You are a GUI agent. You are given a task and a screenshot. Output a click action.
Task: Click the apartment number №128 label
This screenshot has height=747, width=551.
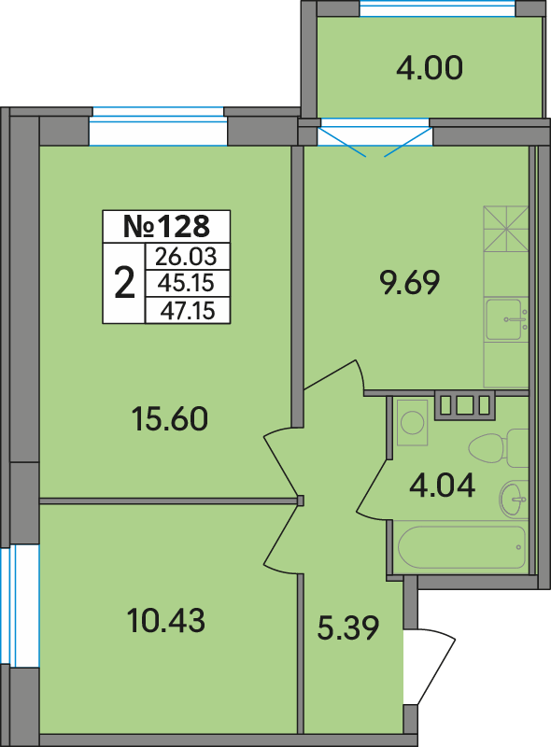[x=166, y=226]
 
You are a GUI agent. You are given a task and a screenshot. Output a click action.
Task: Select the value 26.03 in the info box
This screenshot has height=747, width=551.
[x=187, y=257]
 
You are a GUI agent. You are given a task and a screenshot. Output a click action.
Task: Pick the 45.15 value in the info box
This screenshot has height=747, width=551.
[x=187, y=284]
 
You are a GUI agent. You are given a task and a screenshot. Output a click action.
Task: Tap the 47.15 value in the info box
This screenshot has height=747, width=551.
[x=188, y=311]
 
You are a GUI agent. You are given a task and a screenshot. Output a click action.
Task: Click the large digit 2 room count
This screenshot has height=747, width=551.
[x=124, y=283]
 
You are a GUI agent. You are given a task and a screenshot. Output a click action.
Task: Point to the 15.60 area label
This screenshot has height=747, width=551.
[x=170, y=418]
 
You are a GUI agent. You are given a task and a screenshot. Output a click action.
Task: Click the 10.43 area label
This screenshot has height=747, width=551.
[x=166, y=620]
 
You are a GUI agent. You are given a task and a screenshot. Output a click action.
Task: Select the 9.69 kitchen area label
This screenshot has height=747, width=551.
[x=409, y=283]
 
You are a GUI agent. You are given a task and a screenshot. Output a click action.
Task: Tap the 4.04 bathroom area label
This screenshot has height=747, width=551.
[x=443, y=485]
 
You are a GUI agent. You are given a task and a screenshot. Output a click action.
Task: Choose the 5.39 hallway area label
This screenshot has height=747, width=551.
[x=348, y=627]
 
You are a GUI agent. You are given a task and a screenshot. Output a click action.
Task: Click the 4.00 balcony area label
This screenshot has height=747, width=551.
[x=430, y=67]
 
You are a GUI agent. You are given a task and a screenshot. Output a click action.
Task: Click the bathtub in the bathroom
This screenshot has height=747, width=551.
[x=461, y=547]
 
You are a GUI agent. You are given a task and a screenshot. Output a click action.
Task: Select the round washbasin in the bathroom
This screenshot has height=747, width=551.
[x=514, y=499]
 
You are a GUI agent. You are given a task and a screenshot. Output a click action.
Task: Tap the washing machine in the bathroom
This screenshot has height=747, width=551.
[x=412, y=423]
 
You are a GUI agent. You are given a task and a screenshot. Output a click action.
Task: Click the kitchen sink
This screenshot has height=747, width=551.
[x=506, y=319]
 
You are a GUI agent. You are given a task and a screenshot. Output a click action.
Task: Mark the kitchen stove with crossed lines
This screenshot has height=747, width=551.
[x=506, y=228]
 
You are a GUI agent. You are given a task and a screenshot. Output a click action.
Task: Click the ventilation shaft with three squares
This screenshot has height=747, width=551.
[x=465, y=405]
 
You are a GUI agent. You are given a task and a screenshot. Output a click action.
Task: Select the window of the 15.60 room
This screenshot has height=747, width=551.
[x=158, y=127]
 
